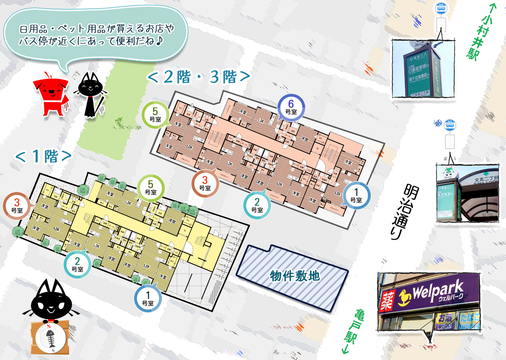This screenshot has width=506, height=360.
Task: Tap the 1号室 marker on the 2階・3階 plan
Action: coord(356,195)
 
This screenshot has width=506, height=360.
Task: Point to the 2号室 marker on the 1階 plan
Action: coord(77,264)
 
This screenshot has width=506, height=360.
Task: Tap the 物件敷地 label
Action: coord(295,276)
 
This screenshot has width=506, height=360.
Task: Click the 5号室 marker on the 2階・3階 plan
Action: coord(155,114)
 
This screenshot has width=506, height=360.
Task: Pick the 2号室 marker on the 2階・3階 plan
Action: coord(257,205)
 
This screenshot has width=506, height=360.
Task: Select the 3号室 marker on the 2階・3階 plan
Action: coord(205,184)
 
